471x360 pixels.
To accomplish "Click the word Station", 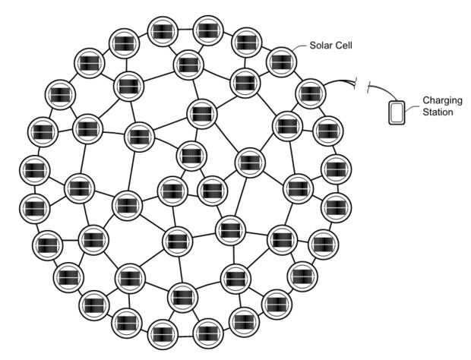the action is [438, 113].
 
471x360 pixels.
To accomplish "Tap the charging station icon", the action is [397, 112].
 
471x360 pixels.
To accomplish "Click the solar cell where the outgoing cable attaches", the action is [308, 93].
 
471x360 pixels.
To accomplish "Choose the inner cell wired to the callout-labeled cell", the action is [245, 81].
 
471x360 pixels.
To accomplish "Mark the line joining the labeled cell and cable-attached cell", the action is [295, 76].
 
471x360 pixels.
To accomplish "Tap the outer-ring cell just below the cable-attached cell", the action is [327, 131].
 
